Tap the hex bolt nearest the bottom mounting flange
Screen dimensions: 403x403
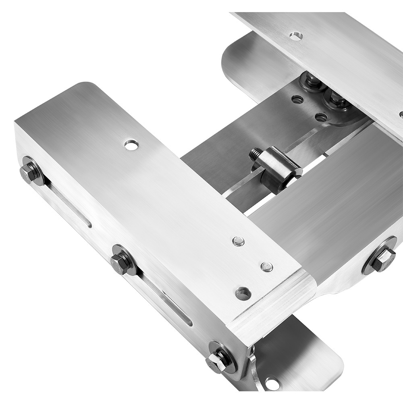pyautogui.click(x=219, y=357)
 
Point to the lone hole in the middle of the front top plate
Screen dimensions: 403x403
pyautogui.click(x=131, y=144)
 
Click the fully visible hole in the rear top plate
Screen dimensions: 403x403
pyautogui.click(x=296, y=36)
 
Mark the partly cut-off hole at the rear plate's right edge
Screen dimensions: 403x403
pyautogui.click(x=401, y=114)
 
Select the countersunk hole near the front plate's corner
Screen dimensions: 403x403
pyautogui.click(x=243, y=293)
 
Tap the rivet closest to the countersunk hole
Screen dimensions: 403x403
pyautogui.click(x=266, y=266)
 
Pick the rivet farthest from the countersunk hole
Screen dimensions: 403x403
pyautogui.click(x=239, y=241)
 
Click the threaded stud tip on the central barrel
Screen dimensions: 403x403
pyautogui.click(x=256, y=154)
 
